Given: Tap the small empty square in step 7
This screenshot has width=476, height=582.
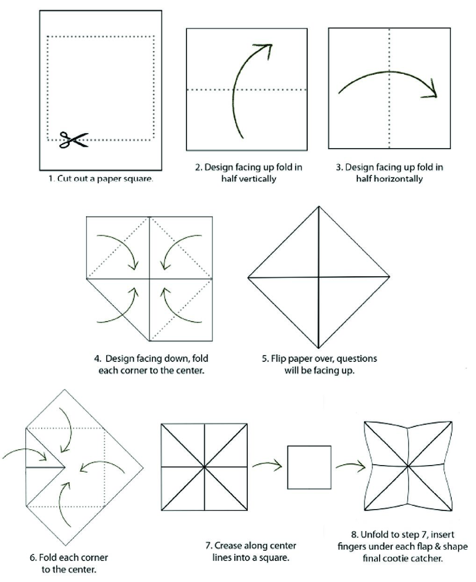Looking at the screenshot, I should (309, 467).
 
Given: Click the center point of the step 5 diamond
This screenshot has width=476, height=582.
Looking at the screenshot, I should (318, 277).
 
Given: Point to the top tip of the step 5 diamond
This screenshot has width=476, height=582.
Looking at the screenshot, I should (318, 207).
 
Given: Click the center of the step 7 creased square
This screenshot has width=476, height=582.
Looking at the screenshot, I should (204, 467).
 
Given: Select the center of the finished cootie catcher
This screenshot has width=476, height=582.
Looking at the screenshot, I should (408, 466).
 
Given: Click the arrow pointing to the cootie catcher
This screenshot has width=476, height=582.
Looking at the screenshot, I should (350, 465).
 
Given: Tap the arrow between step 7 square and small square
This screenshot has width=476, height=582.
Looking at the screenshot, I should (267, 465).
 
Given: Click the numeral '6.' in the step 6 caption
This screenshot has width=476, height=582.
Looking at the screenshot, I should (33, 558).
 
